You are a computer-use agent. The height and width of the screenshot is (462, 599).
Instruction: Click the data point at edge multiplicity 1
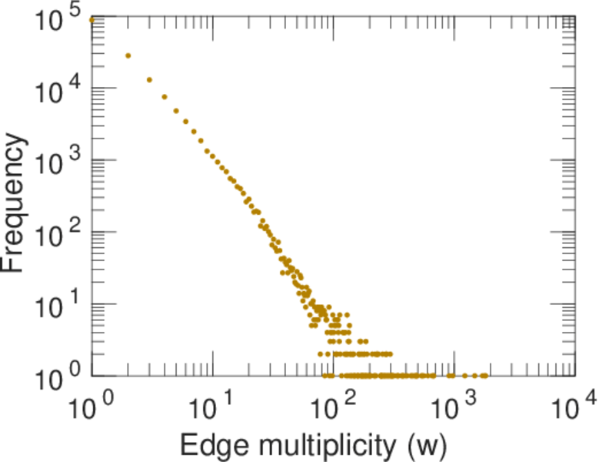point(92,20)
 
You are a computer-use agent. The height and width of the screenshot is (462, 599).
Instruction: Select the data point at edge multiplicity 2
point(128,55)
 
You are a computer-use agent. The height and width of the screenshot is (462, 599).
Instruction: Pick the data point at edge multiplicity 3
point(149,79)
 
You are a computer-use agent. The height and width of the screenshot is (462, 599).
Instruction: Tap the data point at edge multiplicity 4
point(165,97)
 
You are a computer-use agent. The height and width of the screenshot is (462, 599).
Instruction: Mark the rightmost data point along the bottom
point(485,376)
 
